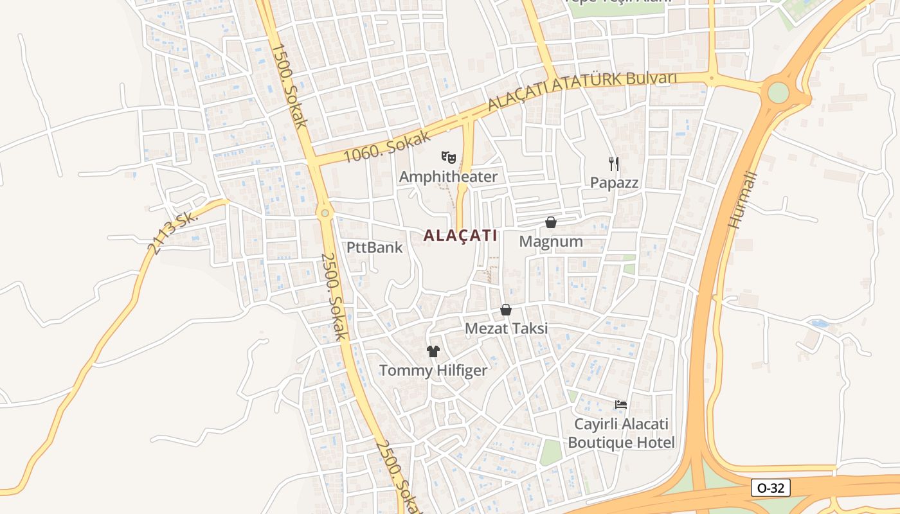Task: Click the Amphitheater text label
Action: (448, 177)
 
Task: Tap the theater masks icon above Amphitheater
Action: (448, 157)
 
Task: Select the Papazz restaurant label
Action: (615, 182)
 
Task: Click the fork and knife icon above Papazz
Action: (614, 163)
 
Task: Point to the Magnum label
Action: (551, 242)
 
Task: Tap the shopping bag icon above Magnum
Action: (551, 222)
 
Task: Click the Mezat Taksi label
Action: (506, 328)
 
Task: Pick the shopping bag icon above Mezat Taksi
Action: (506, 310)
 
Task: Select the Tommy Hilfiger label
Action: (433, 370)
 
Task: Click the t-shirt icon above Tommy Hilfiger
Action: (433, 351)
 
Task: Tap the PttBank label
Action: (375, 247)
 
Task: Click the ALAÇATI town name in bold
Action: (460, 236)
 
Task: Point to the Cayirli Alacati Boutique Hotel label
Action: (621, 433)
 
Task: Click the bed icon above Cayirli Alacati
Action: (621, 405)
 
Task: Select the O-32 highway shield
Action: (770, 488)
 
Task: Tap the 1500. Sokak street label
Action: (290, 85)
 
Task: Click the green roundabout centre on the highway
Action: (778, 93)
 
